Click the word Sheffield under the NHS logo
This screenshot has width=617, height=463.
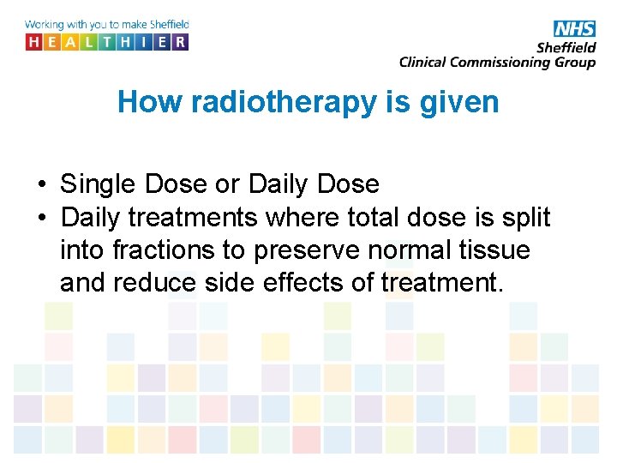pyautogui.click(x=566, y=48)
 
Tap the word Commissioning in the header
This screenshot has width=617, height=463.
pyautogui.click(x=503, y=62)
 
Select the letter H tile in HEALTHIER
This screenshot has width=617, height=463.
pyautogui.click(x=34, y=41)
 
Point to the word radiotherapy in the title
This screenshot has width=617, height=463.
pyautogui.click(x=284, y=102)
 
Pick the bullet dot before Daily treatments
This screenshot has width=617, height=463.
pyautogui.click(x=41, y=218)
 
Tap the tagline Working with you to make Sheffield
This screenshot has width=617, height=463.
pyautogui.click(x=107, y=25)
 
